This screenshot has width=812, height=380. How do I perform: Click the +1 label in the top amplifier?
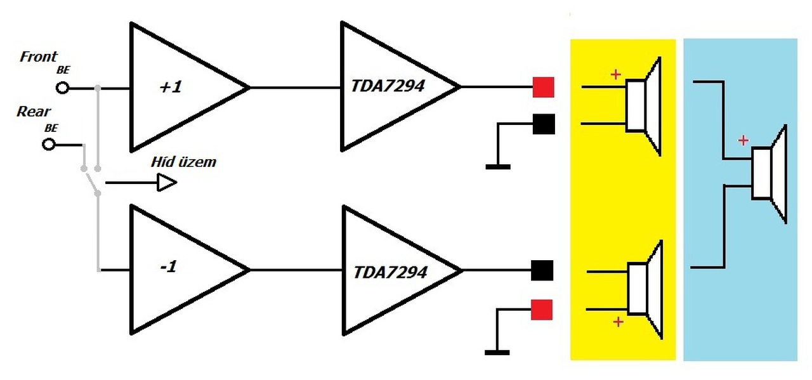pyautogui.click(x=170, y=87)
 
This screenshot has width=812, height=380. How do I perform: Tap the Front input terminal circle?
pyautogui.click(x=62, y=88)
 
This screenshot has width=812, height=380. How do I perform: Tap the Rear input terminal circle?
pyautogui.click(x=49, y=145)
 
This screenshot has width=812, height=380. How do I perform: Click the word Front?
pyautogui.click(x=39, y=56)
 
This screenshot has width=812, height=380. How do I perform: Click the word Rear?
pyautogui.click(x=34, y=112)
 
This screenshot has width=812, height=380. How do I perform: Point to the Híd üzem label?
pyautogui.click(x=183, y=162)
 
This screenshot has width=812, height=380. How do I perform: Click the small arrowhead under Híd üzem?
pyautogui.click(x=167, y=183)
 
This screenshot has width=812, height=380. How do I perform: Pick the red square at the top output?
pyautogui.click(x=543, y=87)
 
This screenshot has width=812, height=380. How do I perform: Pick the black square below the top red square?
pyautogui.click(x=543, y=124)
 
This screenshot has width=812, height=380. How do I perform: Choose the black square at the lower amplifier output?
pyautogui.click(x=542, y=270)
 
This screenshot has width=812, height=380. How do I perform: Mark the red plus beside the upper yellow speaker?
pyautogui.click(x=615, y=75)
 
